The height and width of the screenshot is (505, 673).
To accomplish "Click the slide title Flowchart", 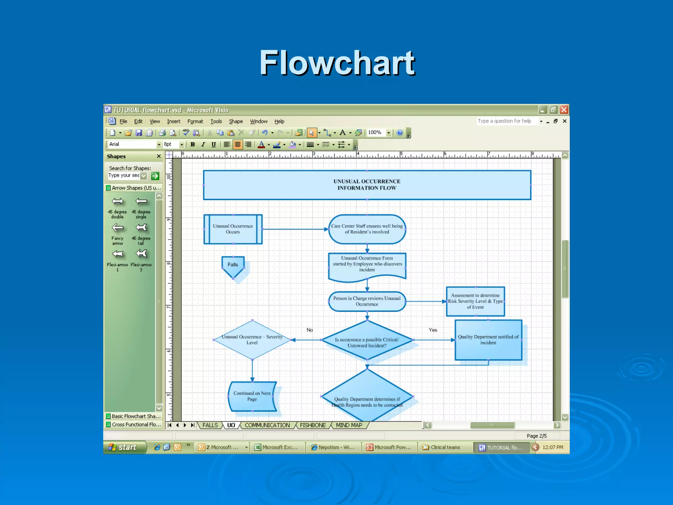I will click(337, 63).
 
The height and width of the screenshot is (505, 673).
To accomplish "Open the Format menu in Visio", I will click(195, 121).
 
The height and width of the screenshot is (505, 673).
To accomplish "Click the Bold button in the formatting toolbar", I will click(193, 144).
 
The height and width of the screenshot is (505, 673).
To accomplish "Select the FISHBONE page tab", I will click(313, 425).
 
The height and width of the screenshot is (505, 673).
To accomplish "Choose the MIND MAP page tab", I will click(349, 425).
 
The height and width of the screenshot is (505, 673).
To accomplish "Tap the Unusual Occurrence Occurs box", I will click(233, 229).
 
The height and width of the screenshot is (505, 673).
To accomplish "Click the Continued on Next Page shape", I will click(252, 396).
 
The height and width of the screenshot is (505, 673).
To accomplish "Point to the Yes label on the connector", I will click(433, 330).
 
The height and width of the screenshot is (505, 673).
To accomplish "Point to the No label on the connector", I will click(310, 330).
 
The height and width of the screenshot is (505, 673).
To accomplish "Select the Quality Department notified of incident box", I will click(488, 340).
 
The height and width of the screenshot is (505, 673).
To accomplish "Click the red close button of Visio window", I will click(564, 110).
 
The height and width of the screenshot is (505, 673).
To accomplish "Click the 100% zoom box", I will click(375, 132).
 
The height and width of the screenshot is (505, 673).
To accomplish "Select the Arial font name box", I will click(132, 144).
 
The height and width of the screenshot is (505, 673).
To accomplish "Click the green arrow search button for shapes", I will click(155, 176).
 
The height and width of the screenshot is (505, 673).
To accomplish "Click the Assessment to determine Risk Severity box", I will click(475, 301).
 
